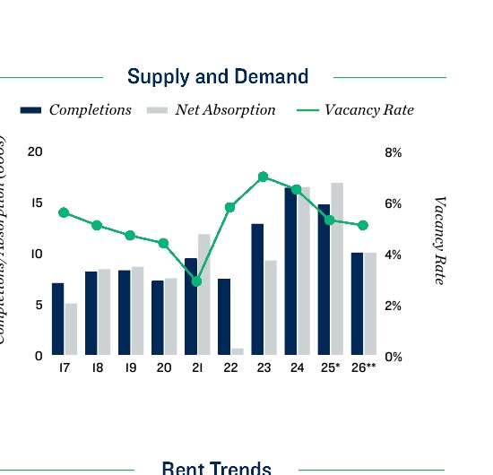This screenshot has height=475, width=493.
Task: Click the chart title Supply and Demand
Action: coord(218,77)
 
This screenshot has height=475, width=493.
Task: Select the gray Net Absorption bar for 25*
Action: coord(336,269)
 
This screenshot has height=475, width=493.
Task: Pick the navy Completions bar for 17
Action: coord(57,319)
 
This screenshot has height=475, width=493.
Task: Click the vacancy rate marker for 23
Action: coord(263,177)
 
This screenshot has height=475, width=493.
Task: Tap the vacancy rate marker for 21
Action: coord(196,281)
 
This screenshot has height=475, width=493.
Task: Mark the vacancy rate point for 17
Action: coord(64,212)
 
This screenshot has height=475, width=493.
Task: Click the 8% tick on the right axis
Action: coord(394,153)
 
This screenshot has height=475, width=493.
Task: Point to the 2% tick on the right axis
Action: coord(394,306)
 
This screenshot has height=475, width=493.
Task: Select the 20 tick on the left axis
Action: coord(35,151)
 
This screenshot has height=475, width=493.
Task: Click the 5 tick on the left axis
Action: coord(39,305)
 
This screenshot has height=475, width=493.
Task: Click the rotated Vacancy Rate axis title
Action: coord(439,240)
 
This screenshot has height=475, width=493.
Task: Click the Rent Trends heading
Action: coord(216,468)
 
